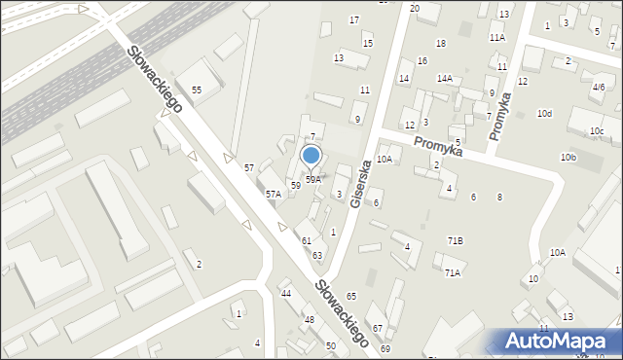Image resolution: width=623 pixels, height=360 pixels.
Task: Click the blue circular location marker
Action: tap(311, 155)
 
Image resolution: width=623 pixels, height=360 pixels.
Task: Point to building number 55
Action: tap(197, 90)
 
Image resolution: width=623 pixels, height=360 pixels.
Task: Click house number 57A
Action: tap(274, 194)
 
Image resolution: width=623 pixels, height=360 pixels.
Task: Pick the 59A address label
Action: tap(313, 179)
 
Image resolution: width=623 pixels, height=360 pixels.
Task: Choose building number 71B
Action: tap(455, 240)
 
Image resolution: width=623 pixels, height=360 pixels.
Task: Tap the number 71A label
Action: tap(453, 273)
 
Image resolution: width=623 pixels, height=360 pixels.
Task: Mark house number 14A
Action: tap(445, 78)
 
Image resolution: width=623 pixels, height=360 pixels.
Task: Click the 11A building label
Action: tap(497, 37)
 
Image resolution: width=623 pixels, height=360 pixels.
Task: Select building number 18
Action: tap(441, 43)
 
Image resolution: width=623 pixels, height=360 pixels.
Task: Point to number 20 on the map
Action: tap(415, 8)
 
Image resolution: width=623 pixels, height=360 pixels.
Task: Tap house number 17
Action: tap(354, 19)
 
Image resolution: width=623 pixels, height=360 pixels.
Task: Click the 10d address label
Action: tap(545, 114)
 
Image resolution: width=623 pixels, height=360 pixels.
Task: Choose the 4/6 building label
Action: tap(599, 87)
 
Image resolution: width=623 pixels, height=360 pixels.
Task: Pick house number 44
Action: tap(286, 293)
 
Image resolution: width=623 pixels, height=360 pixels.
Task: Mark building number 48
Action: tap(310, 319)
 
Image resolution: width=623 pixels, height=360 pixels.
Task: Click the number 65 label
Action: tap(351, 296)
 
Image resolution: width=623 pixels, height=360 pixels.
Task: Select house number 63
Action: tap(317, 255)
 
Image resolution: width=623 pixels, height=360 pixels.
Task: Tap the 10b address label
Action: tap(568, 157)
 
